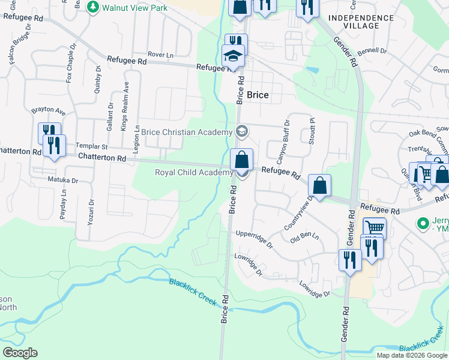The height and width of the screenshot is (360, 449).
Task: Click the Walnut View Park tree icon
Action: coord(93,7)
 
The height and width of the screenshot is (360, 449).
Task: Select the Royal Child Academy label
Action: coord(193,173)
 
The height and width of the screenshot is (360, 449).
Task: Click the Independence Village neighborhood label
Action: coord(362,22)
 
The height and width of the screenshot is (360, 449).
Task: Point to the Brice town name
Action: coord(258,95)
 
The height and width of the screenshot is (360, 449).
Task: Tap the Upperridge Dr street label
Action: coord(255,239)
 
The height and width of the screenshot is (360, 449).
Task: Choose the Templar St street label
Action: coord(91,146)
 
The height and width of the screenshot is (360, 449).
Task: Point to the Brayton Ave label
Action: coord(49,112)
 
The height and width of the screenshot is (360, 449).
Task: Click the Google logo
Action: coord(20,353)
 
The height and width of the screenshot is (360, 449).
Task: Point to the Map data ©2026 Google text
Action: coord(412,355)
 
